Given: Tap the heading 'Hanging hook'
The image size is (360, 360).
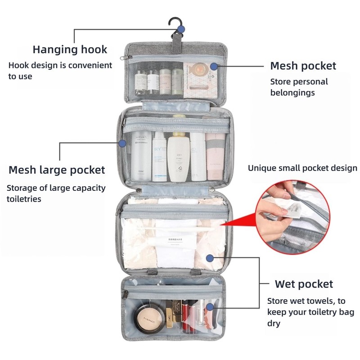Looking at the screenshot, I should click(x=70, y=49).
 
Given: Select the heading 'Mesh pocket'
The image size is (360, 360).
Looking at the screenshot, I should click(x=303, y=66).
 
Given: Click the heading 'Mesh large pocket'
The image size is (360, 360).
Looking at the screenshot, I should click(x=57, y=170).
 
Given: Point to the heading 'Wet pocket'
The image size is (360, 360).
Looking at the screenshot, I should click(x=304, y=284).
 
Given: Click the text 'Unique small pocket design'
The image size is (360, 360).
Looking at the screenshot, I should click(x=302, y=168).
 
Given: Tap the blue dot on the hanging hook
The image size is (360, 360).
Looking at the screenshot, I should click(x=181, y=30).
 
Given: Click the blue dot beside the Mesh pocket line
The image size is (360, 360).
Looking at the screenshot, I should click(x=214, y=66).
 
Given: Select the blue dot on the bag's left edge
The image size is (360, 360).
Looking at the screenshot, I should click(x=122, y=143).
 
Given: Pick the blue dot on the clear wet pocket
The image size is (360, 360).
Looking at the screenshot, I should click(x=209, y=258).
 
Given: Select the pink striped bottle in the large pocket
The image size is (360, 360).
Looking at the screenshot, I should click(x=215, y=155).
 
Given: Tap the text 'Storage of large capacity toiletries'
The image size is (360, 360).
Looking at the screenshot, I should click(x=56, y=193).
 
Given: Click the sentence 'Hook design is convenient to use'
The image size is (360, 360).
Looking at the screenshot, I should click(x=60, y=71).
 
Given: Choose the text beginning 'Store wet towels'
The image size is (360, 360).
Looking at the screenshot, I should click(x=310, y=312).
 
